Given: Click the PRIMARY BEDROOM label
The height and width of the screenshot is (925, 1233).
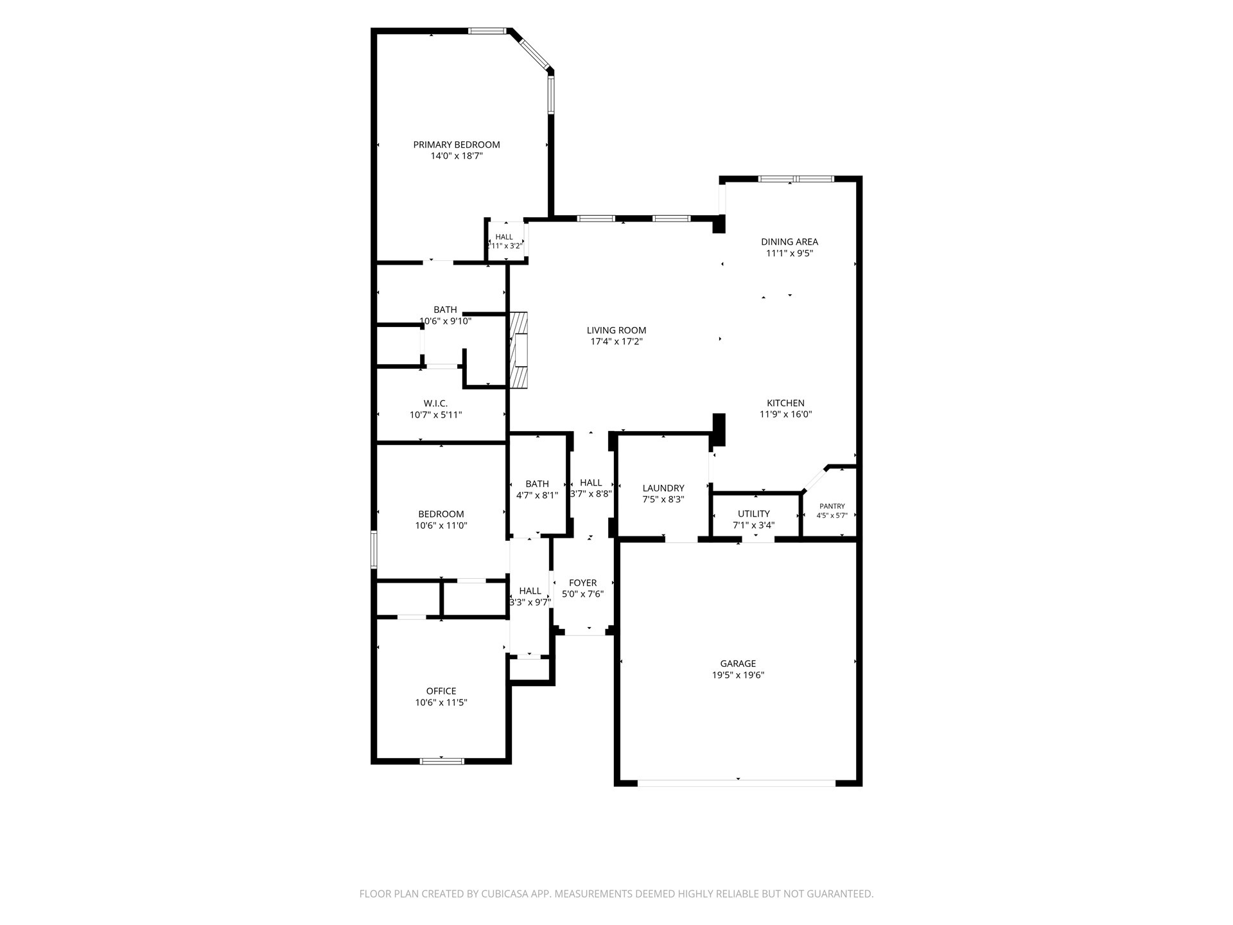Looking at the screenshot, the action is tap(457, 145).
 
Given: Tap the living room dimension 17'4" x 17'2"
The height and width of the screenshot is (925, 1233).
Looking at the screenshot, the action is tap(616, 342).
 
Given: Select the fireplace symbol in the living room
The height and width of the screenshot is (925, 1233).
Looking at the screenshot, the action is tap(518, 350).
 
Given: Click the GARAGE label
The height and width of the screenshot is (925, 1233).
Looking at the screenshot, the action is tap(738, 664).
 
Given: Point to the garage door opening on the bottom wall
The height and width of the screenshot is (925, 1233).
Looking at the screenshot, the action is tap(737, 783).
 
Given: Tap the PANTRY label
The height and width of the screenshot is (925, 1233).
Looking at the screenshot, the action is tap(832, 506).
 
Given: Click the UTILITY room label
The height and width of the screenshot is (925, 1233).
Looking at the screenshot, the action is tap(754, 514).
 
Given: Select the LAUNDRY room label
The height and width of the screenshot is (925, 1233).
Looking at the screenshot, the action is tap(663, 488).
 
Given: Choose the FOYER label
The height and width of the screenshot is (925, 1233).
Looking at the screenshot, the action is tap(583, 583).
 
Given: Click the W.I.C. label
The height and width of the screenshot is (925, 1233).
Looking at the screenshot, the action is tap(435, 403).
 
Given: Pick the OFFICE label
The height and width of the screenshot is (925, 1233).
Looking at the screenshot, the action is tap(441, 691).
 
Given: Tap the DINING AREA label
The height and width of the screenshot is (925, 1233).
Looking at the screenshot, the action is tap(790, 242).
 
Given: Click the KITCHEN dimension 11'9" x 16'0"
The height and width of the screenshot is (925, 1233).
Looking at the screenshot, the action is tap(786, 414).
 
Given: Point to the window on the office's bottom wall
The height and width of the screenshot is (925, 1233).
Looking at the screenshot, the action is tap(442, 762).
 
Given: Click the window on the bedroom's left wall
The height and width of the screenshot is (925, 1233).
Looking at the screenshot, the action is tap(374, 549).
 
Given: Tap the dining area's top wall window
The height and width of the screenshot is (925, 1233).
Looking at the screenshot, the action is tap(796, 179).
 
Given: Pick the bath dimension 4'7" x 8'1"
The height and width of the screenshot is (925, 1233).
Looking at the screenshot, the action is tap(538, 495).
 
